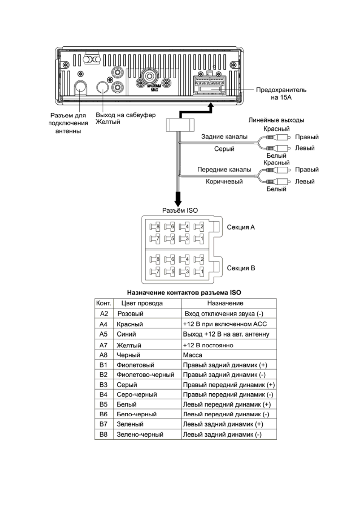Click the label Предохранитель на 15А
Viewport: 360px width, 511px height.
click(x=281, y=94)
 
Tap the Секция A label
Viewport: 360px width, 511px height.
click(x=241, y=227)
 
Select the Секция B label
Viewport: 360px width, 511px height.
click(x=241, y=268)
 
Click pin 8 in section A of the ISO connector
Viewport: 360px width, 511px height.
click(x=155, y=227)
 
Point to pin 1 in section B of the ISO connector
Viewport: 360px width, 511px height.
click(x=199, y=272)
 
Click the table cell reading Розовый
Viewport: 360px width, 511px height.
click(x=130, y=314)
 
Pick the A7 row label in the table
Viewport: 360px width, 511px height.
click(x=103, y=345)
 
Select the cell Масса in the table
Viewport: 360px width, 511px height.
click(x=193, y=355)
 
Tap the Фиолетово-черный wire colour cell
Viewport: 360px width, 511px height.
click(x=145, y=375)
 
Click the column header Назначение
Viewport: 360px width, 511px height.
click(x=225, y=303)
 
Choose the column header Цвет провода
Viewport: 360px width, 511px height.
click(x=142, y=303)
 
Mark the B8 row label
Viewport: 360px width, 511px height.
click(x=103, y=434)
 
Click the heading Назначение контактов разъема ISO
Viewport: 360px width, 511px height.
click(x=184, y=293)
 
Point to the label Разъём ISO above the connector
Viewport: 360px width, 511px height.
click(x=180, y=210)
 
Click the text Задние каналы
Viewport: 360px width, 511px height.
click(x=224, y=137)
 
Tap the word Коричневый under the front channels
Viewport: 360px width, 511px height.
click(x=224, y=182)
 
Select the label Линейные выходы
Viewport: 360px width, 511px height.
click(x=276, y=120)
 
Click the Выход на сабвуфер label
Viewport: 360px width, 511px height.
click(x=126, y=115)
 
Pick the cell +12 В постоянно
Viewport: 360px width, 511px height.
click(x=208, y=345)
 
